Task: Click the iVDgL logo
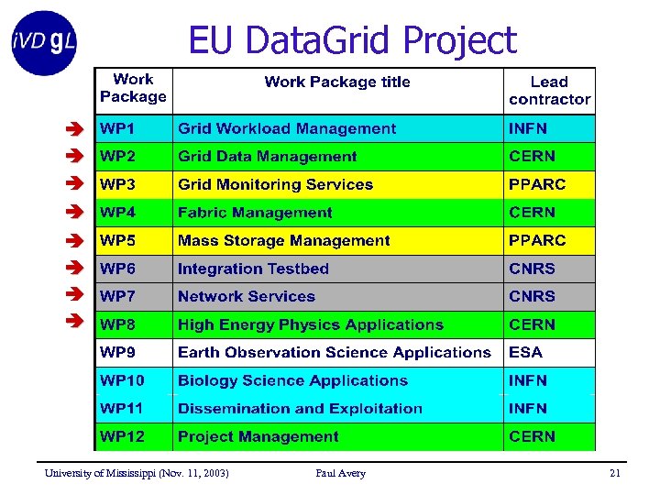(44, 42)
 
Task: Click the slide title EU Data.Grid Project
(352, 40)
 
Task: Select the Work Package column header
(134, 89)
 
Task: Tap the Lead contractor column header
(549, 91)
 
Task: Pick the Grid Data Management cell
(267, 157)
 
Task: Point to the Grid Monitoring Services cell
(275, 185)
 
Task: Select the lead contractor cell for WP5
(537, 241)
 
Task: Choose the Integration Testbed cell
(253, 269)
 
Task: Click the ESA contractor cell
(525, 353)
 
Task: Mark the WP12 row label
(122, 437)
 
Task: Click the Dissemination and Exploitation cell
(300, 409)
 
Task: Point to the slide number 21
(615, 474)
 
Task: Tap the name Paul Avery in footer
(340, 474)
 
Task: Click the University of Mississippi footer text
(137, 474)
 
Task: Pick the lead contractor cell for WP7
(532, 297)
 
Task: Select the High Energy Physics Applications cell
(310, 325)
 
